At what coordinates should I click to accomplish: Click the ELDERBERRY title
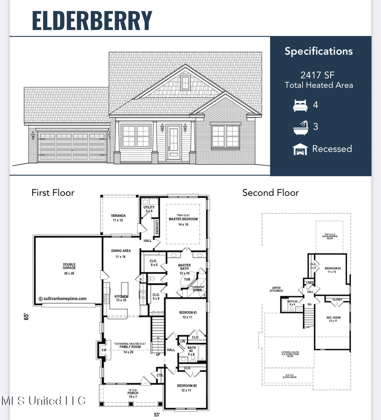click(x=92, y=21)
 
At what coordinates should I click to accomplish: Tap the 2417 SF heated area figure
click(x=317, y=75)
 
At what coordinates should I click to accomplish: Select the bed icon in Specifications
click(x=300, y=105)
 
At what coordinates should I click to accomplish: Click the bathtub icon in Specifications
click(x=300, y=127)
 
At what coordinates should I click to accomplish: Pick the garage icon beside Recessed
click(x=300, y=149)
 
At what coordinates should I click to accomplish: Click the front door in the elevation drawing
click(x=173, y=142)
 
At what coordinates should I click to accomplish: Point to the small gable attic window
click(x=185, y=83)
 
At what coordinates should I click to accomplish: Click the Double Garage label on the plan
click(x=69, y=266)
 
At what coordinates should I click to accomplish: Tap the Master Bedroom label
click(x=183, y=219)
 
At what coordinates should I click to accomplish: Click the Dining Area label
click(x=121, y=251)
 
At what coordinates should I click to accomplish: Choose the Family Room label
click(x=130, y=347)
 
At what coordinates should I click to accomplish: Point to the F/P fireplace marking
click(x=103, y=350)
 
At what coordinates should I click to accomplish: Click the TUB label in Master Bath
click(x=187, y=279)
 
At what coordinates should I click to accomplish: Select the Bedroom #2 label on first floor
click(x=187, y=386)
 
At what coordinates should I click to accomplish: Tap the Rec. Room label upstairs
click(x=333, y=318)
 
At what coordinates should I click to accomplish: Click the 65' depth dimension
click(x=27, y=316)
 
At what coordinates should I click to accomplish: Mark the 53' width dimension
click(x=157, y=414)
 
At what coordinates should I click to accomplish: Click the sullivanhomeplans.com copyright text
click(x=63, y=298)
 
